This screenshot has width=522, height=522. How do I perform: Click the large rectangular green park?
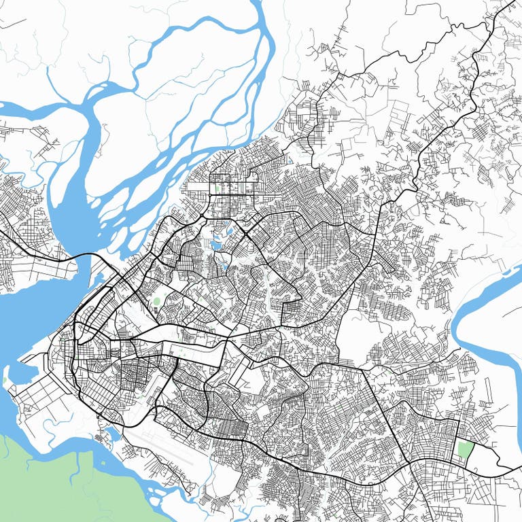[465, 450]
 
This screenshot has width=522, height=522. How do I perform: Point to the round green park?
[158, 301]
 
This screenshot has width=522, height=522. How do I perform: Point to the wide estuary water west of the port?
[17, 319]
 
